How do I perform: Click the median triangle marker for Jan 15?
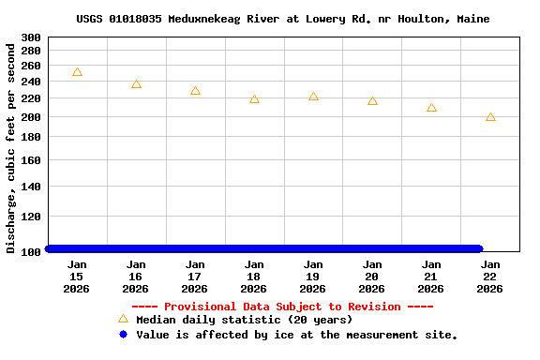click(x=77, y=72)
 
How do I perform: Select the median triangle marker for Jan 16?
click(x=136, y=84)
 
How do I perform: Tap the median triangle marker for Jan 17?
click(x=195, y=91)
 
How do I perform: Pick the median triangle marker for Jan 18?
click(x=254, y=99)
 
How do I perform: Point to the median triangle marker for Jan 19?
click(x=313, y=97)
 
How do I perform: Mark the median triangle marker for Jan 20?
click(x=372, y=101)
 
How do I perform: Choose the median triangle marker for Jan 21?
click(x=431, y=108)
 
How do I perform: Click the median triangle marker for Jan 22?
click(x=490, y=117)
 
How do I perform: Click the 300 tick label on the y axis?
click(x=30, y=38)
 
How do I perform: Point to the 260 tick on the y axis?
click(x=30, y=66)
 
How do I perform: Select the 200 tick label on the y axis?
click(x=30, y=117)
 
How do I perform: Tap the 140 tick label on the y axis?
click(x=30, y=187)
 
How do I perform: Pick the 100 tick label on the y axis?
click(x=30, y=251)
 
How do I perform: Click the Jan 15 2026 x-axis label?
click(x=77, y=277)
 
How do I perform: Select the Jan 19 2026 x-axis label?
click(x=313, y=277)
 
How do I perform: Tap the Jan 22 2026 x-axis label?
click(x=490, y=277)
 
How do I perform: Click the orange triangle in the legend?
click(x=123, y=319)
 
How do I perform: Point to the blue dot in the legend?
click(x=123, y=335)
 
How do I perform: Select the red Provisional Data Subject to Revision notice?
click(x=282, y=307)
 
